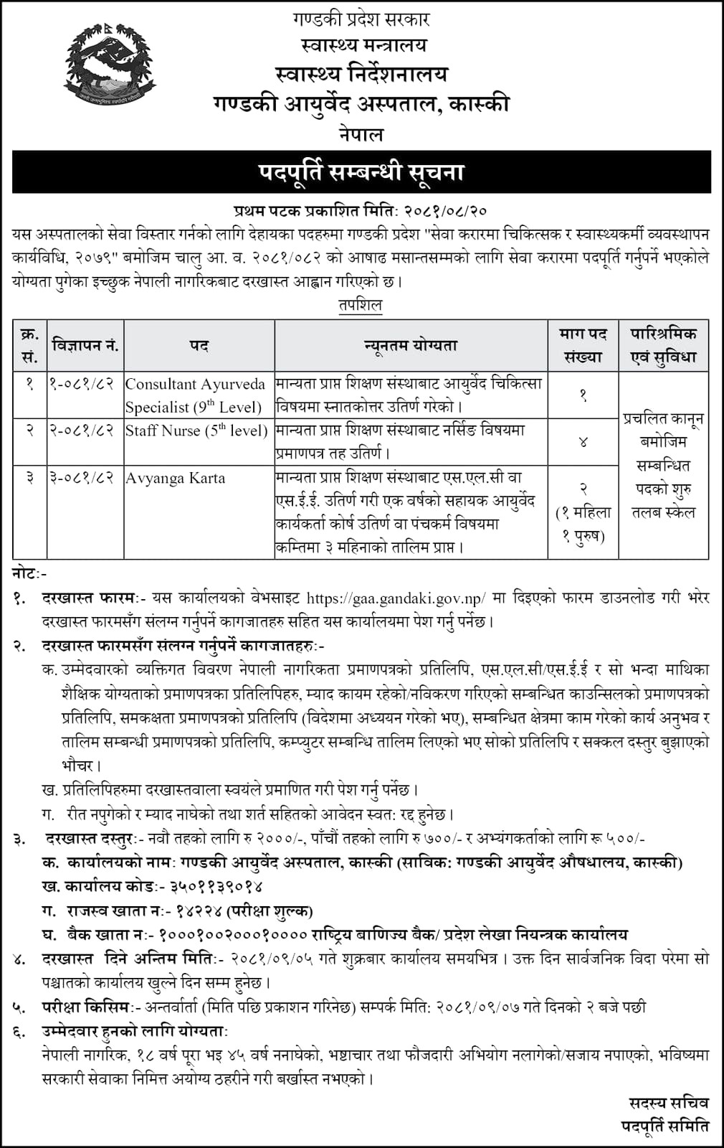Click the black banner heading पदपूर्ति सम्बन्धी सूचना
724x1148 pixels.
[361, 172]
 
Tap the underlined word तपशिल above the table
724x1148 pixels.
[361, 304]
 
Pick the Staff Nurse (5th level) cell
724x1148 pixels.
[196, 430]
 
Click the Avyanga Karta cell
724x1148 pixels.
[176, 478]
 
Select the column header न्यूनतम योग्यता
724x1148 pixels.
[411, 345]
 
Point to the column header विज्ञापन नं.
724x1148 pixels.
[85, 345]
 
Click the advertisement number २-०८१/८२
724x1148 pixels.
[82, 430]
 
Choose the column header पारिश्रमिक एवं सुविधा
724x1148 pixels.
[663, 345]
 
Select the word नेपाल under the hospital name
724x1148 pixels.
[361, 134]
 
